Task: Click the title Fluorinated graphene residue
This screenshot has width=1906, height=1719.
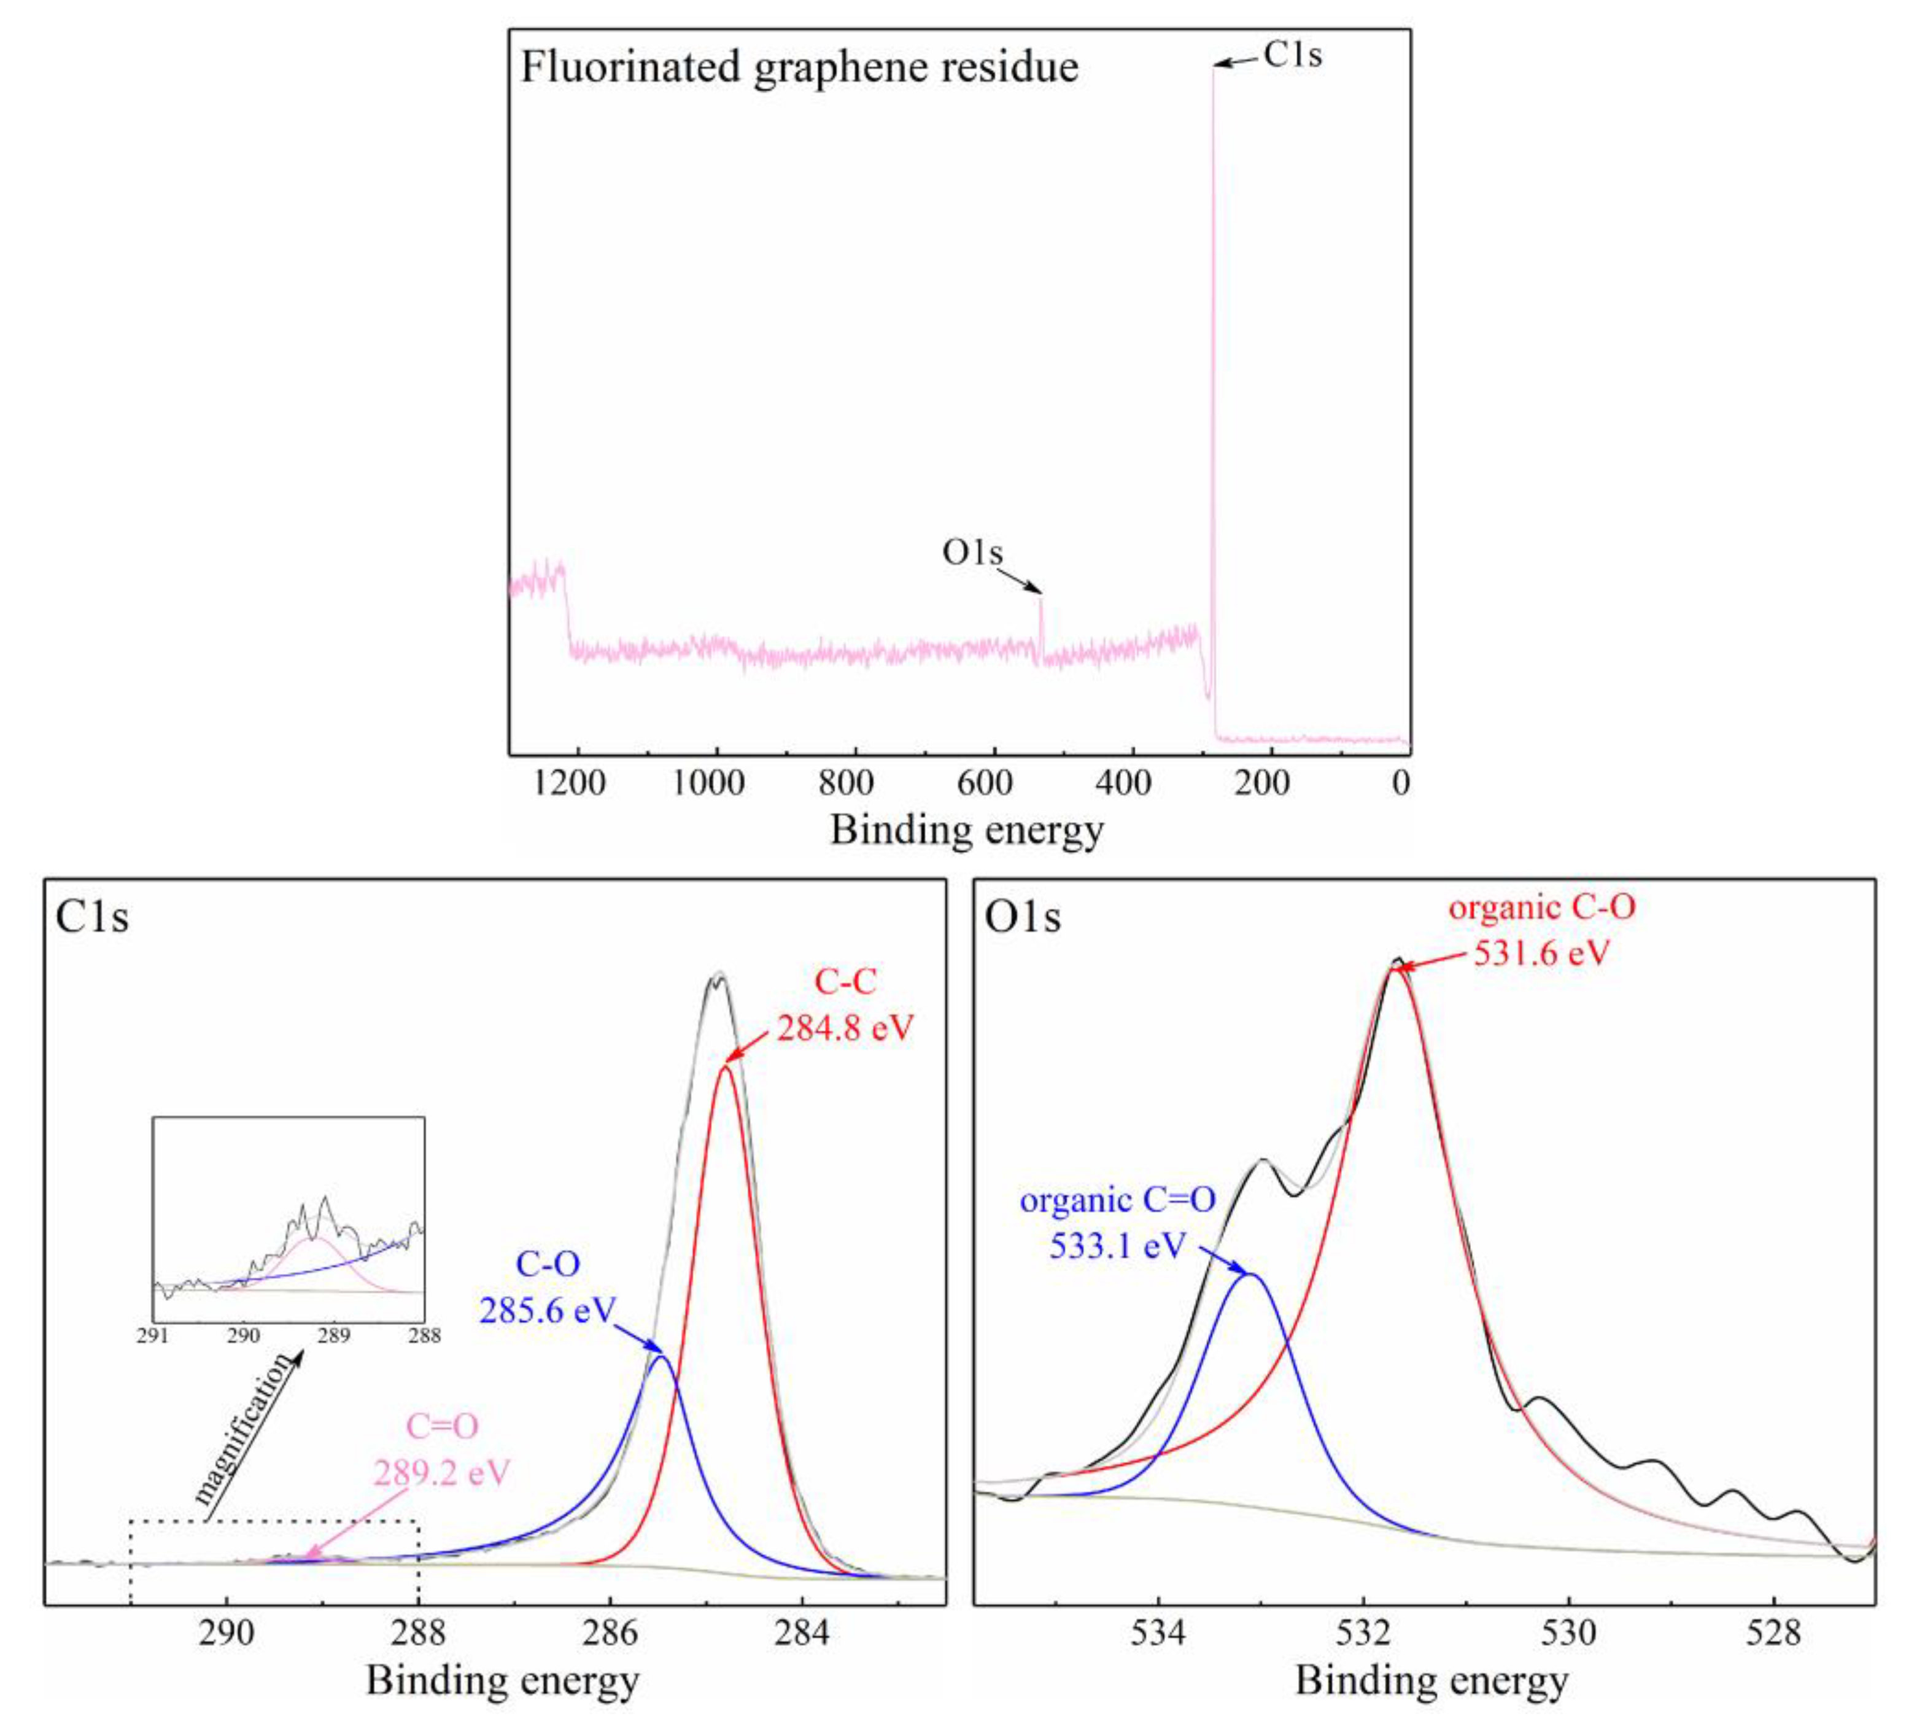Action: pos(799,68)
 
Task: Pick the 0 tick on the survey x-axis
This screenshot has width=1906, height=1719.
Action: pos(1401,783)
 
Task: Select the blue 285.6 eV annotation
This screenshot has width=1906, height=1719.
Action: pos(547,1310)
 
